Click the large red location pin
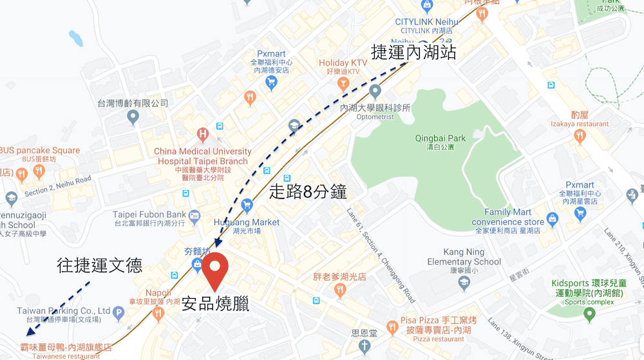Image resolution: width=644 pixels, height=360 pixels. tap(214, 270)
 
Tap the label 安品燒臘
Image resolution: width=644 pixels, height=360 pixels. tap(215, 305)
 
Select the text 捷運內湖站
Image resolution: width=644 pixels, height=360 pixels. tap(413, 52)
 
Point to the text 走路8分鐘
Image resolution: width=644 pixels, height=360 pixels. tap(307, 192)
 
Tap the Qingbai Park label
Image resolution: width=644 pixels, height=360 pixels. tap(440, 142)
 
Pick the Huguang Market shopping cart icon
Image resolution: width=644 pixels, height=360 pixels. tap(247, 206)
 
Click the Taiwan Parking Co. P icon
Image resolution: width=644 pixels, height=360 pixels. tap(118, 314)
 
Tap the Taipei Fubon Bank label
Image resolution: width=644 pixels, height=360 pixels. tap(149, 219)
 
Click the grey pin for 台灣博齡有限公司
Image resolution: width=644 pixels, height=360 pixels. tap(133, 117)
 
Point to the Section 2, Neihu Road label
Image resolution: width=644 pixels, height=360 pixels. tap(58, 185)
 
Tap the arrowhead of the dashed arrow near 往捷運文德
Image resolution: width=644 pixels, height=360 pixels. tap(28, 333)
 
